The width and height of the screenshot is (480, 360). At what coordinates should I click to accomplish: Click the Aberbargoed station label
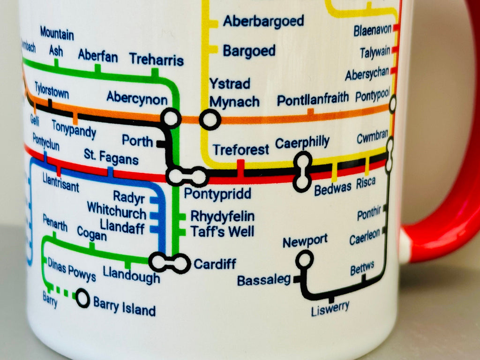pos(263,21)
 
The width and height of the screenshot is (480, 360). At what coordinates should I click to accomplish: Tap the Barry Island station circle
pos(83,298)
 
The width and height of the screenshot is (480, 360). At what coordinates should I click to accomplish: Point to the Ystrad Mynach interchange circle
pos(210,120)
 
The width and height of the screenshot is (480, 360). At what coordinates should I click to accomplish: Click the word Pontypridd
pos(217,193)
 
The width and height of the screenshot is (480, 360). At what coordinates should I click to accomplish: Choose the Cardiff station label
pos(215,264)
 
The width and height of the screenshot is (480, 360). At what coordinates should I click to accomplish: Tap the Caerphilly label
pos(302,142)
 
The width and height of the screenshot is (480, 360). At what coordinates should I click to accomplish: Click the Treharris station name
pos(156,60)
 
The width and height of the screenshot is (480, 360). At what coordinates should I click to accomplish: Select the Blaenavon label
pos(373,30)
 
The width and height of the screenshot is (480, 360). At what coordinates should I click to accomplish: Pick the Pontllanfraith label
pos(313,99)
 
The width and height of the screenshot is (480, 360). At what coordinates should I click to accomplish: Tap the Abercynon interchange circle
pos(171,118)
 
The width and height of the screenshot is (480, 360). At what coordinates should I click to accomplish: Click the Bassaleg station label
pos(264,280)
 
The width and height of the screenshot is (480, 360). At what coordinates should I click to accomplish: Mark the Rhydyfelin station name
pos(222,217)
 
